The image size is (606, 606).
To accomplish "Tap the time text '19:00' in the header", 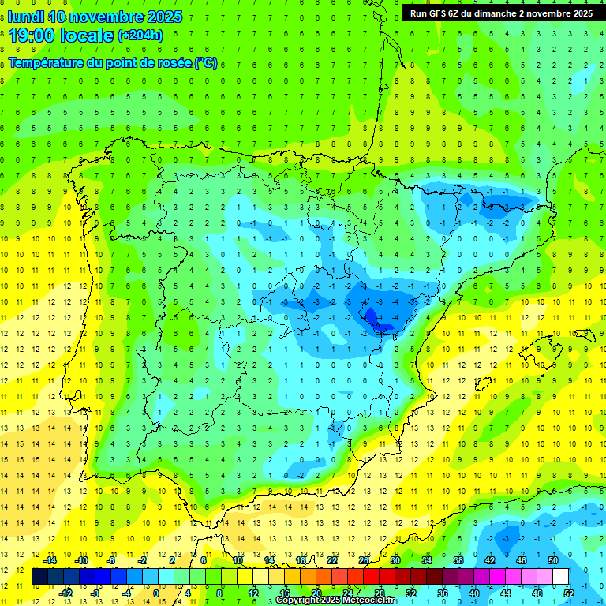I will point(32,35).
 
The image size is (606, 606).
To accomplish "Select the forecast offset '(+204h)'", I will point(140,35).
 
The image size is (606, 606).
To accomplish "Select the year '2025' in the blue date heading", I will point(164,17).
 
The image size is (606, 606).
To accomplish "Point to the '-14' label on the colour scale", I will point(50,560).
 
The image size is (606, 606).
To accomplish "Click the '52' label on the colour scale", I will point(568,593).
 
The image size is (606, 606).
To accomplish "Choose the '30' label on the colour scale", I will point(395,560).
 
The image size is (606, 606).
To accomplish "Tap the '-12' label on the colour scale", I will point(66,593).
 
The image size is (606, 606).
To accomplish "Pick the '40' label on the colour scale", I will point(473,593).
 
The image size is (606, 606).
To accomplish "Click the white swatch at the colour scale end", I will point(561,577).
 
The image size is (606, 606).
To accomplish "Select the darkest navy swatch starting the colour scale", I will point(40,577).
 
